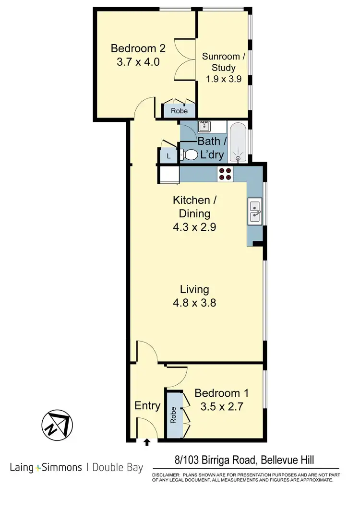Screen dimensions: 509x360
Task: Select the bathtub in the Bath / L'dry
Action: pyautogui.click(x=238, y=142)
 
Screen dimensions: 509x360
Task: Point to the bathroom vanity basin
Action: pyautogui.click(x=205, y=127)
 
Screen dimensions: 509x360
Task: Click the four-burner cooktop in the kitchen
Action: pyautogui.click(x=225, y=173)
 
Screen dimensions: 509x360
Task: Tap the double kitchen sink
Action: pyautogui.click(x=254, y=211)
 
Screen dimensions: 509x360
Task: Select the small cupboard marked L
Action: pyautogui.click(x=168, y=155)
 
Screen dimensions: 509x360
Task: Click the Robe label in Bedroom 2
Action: pyautogui.click(x=180, y=111)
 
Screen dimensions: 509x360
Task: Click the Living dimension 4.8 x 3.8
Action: pyautogui.click(x=194, y=303)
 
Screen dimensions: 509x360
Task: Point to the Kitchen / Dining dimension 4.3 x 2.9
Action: pyautogui.click(x=194, y=227)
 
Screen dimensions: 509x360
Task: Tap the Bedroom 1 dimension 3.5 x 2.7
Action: pyautogui.click(x=221, y=407)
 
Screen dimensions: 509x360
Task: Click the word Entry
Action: pyautogui.click(x=147, y=405)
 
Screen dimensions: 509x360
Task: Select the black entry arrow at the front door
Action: pyautogui.click(x=147, y=442)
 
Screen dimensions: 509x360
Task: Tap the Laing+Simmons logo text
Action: pyautogui.click(x=46, y=467)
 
